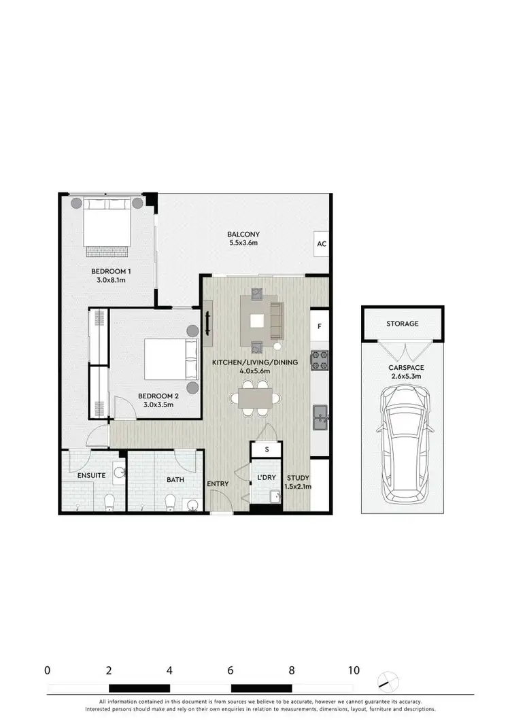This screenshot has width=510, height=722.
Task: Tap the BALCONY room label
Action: (244, 235)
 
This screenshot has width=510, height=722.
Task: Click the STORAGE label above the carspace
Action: (403, 324)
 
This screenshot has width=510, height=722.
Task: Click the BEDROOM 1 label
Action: (111, 272)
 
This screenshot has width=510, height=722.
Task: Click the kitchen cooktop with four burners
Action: (320, 360)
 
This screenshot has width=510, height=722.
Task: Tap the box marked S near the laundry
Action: (267, 449)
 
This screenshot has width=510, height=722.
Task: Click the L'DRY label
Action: (267, 477)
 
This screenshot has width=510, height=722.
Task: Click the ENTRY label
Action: (218, 484)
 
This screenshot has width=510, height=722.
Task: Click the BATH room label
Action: (175, 480)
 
